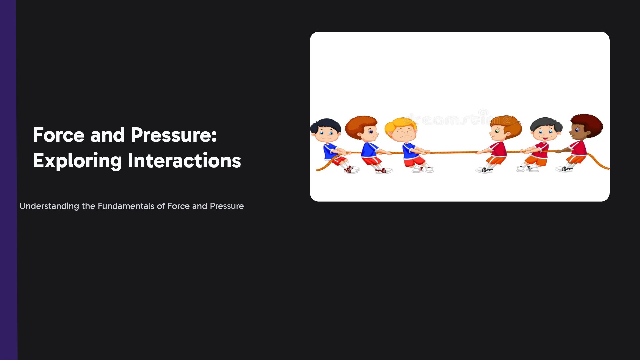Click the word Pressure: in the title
tap(174, 135)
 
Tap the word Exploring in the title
tap(77, 161)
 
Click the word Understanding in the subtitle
tap(49, 206)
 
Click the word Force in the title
tap(59, 135)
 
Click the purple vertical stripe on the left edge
tap(8, 180)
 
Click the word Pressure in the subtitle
tap(227, 206)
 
